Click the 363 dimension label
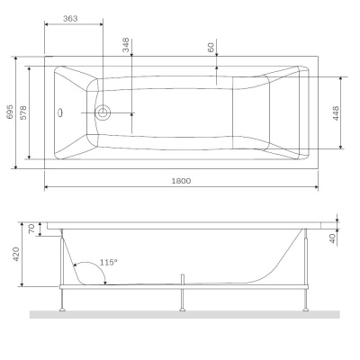tap(76, 18)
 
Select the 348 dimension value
tap(126, 45)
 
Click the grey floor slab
tap(180, 314)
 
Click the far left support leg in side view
tap(60, 270)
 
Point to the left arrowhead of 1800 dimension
tap(48, 187)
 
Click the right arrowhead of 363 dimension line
tap(100, 25)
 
